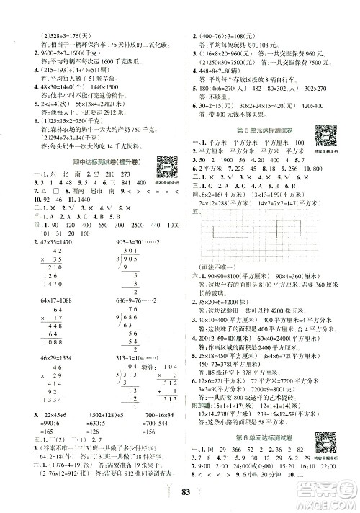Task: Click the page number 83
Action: (x=179, y=492)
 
